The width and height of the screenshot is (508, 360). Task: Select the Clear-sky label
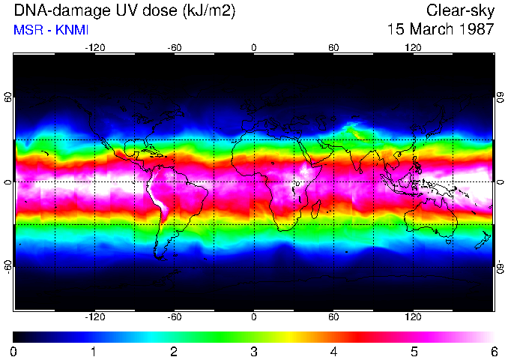460,10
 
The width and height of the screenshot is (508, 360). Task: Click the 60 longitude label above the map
333,47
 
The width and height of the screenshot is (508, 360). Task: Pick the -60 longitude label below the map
174,316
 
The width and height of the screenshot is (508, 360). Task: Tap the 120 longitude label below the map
413,316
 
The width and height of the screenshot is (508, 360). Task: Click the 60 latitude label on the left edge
8,97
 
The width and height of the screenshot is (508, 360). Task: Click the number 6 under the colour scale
494,351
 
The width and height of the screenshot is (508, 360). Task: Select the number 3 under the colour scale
254,351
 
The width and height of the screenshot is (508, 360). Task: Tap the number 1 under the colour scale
94,351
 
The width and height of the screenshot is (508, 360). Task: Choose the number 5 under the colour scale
414,351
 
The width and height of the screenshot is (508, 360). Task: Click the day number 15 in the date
397,30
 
